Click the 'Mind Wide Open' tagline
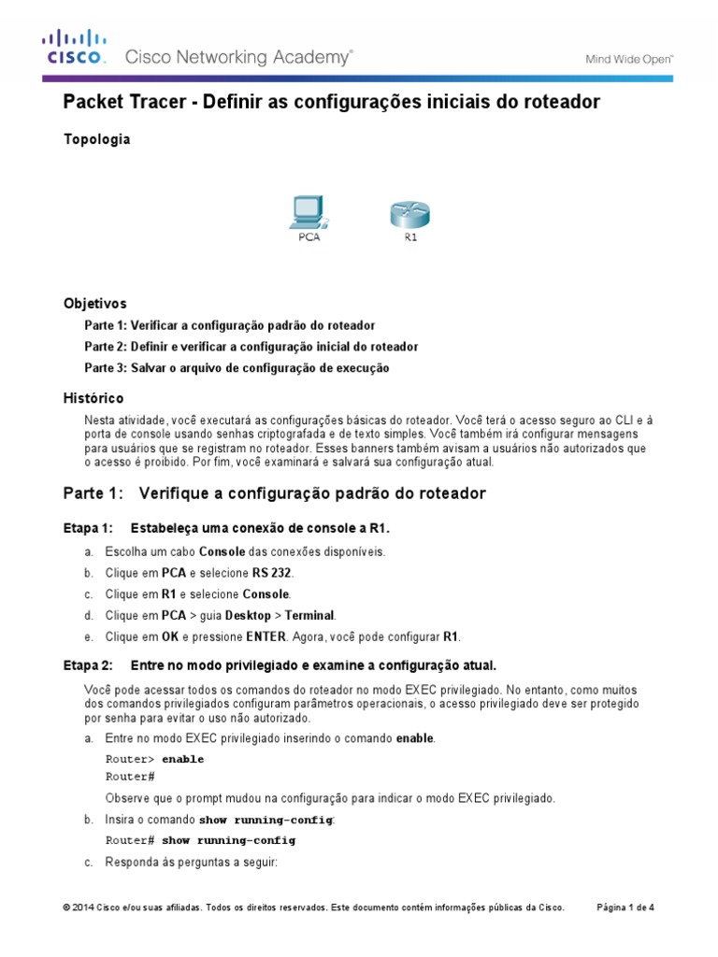(629, 58)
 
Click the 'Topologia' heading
(96, 139)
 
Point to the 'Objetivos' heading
(94, 304)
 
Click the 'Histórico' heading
(93, 398)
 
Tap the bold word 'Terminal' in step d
(309, 616)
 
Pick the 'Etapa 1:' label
(87, 529)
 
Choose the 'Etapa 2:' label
(87, 665)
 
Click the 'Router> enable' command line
(154, 760)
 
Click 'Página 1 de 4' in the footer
(625, 907)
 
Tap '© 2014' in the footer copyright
(79, 907)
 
